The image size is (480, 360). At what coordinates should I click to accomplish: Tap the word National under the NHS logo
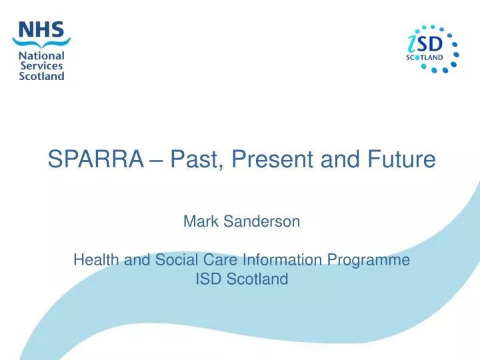pyautogui.click(x=42, y=55)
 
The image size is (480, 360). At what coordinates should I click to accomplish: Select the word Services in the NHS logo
pyautogui.click(x=41, y=65)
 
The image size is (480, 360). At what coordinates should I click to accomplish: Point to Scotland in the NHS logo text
pyautogui.click(x=42, y=75)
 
